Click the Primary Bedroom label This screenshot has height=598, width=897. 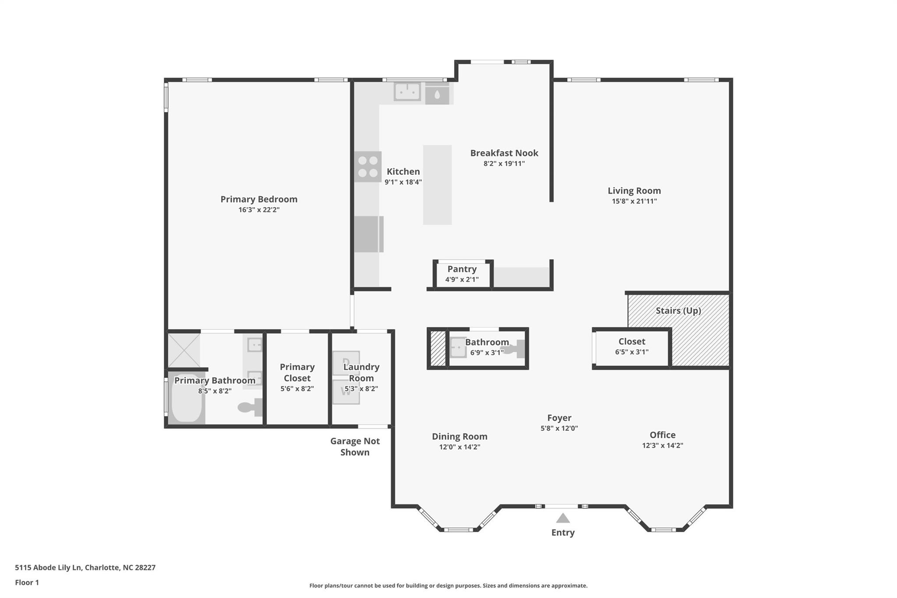tap(259, 199)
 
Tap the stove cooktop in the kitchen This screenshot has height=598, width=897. tap(368, 166)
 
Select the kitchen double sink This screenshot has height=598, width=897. tap(407, 92)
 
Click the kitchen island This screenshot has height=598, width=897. tap(437, 185)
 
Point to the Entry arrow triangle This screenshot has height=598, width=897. tap(563, 518)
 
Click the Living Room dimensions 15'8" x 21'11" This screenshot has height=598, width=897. tap(634, 202)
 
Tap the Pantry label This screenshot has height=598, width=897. tap(462, 269)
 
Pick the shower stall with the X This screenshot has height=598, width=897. tap(184, 350)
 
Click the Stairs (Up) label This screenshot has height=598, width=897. tap(678, 311)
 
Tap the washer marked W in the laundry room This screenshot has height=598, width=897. tap(346, 391)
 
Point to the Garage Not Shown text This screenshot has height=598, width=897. tap(355, 447)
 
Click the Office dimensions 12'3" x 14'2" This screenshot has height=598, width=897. tap(663, 446)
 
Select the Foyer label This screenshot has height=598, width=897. tap(559, 418)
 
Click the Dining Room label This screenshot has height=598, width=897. tap(459, 437)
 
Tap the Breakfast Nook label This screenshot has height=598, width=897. tap(504, 153)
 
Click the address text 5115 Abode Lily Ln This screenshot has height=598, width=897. tap(48, 568)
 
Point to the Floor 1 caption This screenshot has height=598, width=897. tap(27, 583)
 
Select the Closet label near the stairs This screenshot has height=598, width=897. tap(632, 341)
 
